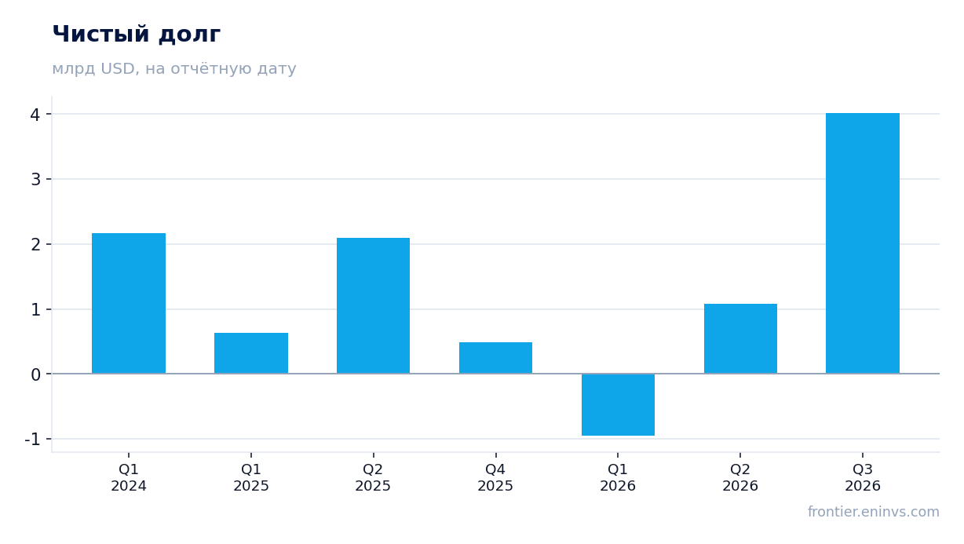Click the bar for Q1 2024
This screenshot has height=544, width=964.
click(x=129, y=304)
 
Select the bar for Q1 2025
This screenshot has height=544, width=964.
click(x=251, y=353)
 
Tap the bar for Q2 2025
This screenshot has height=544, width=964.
click(x=373, y=305)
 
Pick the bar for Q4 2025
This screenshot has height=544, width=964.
click(x=496, y=358)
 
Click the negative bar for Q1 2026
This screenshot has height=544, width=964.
click(x=618, y=404)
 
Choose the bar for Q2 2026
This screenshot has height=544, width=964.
click(x=740, y=338)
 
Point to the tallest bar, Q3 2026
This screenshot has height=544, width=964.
click(x=863, y=243)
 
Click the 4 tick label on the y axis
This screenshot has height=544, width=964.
click(x=35, y=115)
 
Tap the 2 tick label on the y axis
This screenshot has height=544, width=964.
click(x=35, y=245)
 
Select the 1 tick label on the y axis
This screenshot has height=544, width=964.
click(x=35, y=310)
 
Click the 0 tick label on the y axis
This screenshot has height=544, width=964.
click(x=35, y=375)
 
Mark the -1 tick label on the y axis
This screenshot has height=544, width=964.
click(x=32, y=440)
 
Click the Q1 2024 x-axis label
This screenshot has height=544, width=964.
click(x=129, y=478)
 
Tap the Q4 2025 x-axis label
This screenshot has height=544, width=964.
click(x=495, y=478)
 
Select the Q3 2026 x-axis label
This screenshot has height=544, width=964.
click(x=863, y=478)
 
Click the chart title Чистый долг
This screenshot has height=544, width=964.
click(x=137, y=35)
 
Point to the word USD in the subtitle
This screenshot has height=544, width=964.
click(x=118, y=69)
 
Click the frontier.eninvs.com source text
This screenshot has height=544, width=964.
click(x=873, y=512)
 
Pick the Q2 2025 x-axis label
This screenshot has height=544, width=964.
click(x=373, y=478)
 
